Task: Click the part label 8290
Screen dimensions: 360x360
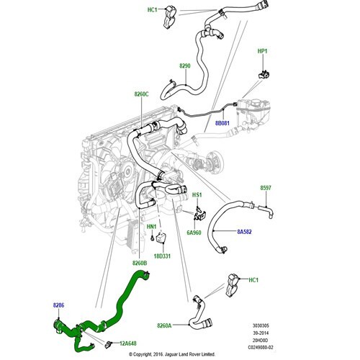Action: pos(185,66)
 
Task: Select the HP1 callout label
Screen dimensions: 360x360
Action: pos(262,51)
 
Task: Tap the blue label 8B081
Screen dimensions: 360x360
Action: pos(222,123)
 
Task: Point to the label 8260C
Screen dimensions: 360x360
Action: pos(141,94)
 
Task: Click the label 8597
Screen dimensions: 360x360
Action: pos(266,188)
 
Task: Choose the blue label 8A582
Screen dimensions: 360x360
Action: pos(244,232)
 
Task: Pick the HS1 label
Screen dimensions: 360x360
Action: pos(197,195)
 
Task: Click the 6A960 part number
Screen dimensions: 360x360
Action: pos(194,233)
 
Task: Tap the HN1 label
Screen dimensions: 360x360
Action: pos(151,227)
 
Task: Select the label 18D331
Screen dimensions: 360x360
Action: pos(162,256)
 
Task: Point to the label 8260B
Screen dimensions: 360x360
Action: pos(140,263)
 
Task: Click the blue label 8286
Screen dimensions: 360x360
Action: pos(58,305)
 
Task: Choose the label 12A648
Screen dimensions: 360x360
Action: pos(128,343)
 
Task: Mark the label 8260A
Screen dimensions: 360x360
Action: pos(164,325)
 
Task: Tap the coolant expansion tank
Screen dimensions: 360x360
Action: pos(253,113)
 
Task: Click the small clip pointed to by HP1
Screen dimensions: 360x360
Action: pos(264,74)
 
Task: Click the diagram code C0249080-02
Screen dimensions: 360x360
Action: pos(261,347)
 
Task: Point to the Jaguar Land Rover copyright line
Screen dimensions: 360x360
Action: pos(172,354)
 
